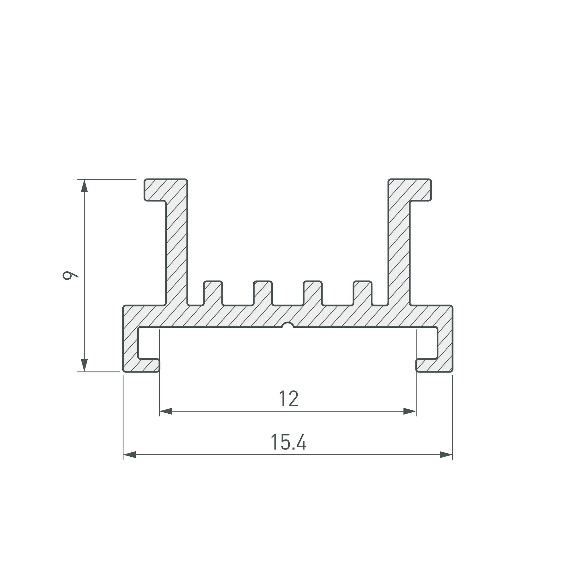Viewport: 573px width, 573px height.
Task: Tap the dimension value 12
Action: pos(288,399)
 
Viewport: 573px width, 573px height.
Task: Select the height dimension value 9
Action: pos(70,275)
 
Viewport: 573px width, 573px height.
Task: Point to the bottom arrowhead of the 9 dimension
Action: pos(85,365)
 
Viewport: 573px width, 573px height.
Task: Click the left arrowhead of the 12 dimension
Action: pos(166,411)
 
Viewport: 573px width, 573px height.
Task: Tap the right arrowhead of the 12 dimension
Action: pos(410,411)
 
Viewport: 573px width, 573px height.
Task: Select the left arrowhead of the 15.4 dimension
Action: pos(129,454)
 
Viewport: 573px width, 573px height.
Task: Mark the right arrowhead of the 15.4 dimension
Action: pos(446,454)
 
